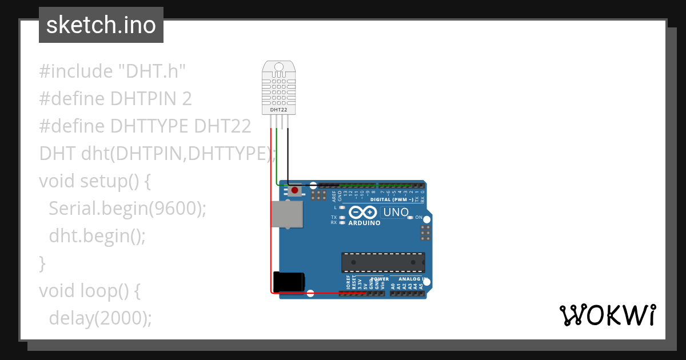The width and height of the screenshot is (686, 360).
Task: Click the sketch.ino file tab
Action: (101, 25)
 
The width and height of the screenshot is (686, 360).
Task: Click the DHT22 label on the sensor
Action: (278, 109)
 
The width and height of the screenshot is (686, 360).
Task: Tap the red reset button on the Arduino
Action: (294, 190)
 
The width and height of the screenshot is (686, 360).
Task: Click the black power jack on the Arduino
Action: (288, 282)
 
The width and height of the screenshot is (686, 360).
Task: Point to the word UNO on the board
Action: (396, 213)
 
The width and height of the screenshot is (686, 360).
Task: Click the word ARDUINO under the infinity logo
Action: (364, 223)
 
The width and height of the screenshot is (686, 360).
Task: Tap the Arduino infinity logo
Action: (362, 212)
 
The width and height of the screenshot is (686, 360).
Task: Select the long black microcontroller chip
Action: (383, 262)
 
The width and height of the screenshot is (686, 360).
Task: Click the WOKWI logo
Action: (607, 315)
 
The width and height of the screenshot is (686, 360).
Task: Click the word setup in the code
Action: (102, 181)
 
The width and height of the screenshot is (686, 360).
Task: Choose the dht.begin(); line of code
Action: (97, 236)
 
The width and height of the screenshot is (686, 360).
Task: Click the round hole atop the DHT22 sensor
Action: (278, 67)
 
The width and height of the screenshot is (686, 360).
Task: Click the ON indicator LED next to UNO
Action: (411, 218)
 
